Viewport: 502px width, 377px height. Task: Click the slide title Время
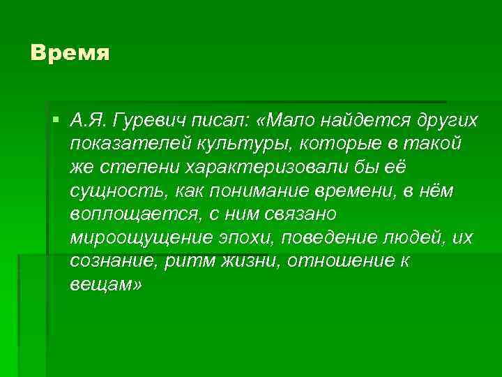(70, 54)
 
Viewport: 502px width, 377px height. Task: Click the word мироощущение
(135, 239)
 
